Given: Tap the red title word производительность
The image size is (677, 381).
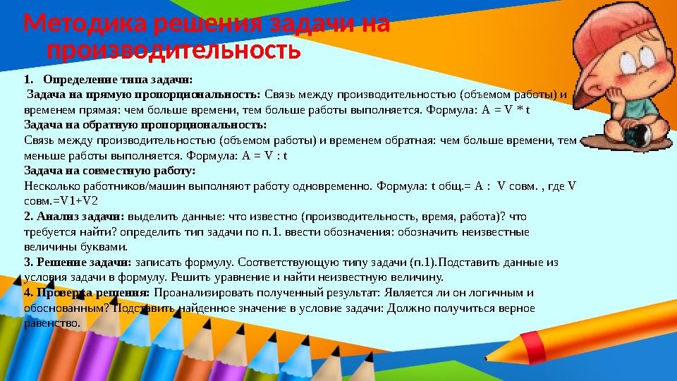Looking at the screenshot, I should point(173,51).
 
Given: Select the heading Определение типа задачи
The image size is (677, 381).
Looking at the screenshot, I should point(118,80).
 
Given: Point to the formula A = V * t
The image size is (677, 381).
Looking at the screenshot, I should point(506,110).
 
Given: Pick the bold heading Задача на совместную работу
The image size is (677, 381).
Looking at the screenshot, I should point(109,171).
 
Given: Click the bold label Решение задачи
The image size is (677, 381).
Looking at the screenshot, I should point(78,262).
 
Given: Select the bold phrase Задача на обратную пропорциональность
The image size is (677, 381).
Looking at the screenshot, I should point(145,125).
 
